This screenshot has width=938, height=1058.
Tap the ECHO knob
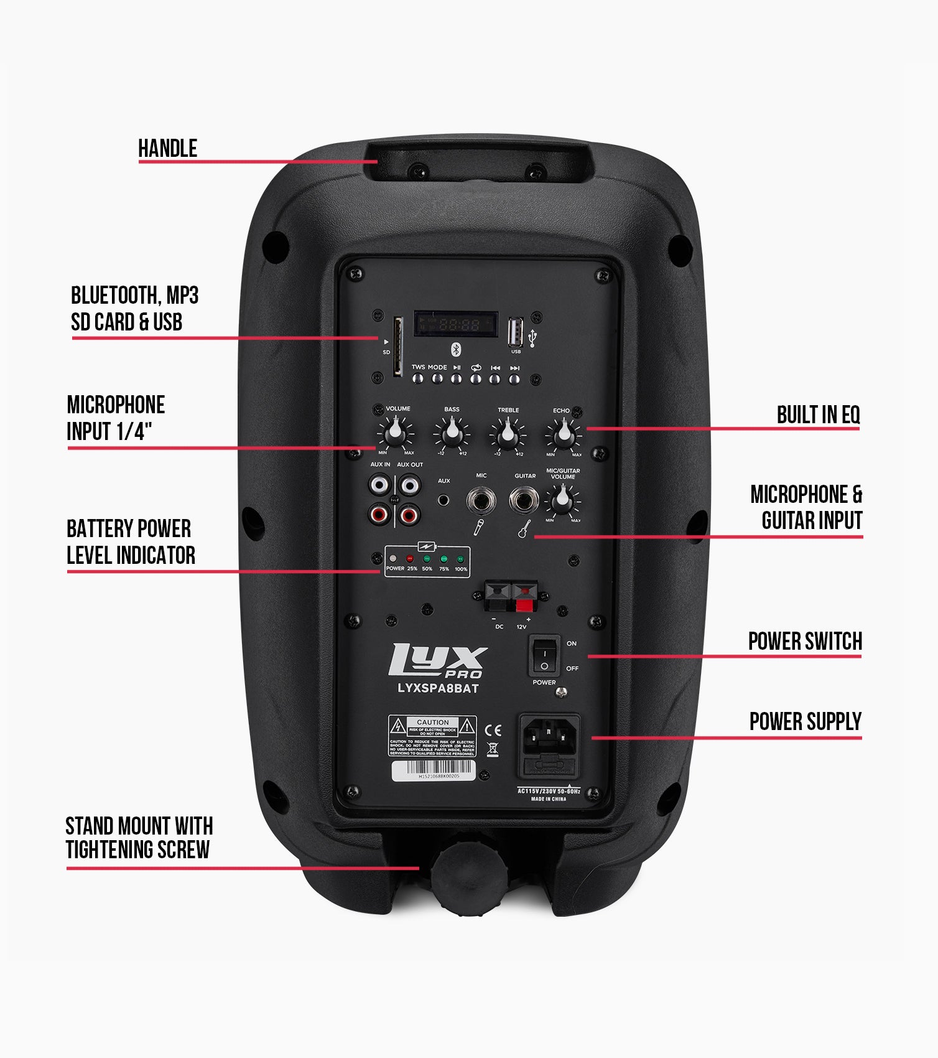(564, 432)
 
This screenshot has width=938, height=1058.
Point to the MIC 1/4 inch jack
(481, 500)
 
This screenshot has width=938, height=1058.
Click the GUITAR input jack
(524, 500)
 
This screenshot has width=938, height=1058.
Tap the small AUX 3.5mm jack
(443, 500)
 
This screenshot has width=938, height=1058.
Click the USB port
(515, 332)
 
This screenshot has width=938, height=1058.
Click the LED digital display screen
(456, 324)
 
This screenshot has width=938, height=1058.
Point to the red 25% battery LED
(410, 559)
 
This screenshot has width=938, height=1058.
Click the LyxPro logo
(437, 661)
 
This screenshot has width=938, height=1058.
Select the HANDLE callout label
(167, 149)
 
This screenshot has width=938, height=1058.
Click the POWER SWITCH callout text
(804, 641)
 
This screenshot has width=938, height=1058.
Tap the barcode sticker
(433, 770)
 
